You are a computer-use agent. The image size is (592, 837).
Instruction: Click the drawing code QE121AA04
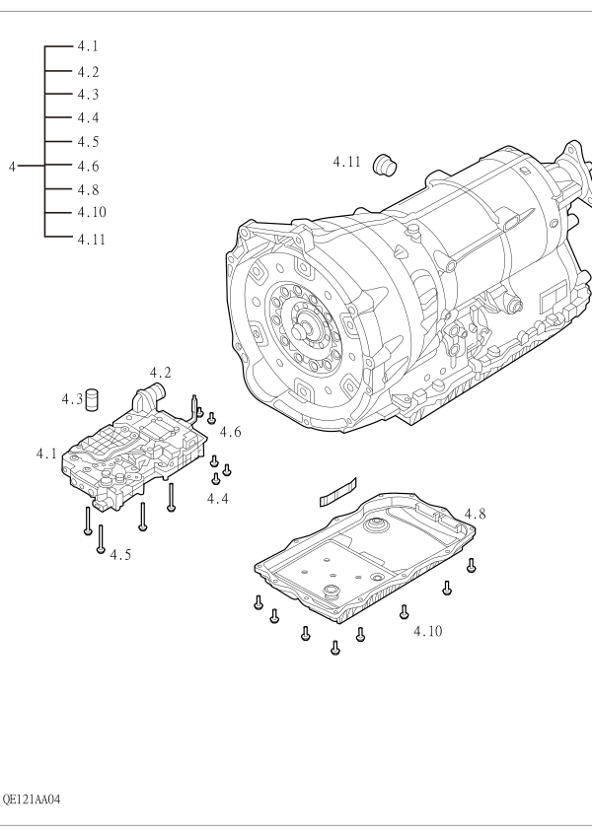[x=32, y=800]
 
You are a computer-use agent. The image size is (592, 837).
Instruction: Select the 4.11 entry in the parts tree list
[x=92, y=240]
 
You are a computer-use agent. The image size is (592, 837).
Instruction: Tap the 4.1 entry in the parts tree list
[x=88, y=46]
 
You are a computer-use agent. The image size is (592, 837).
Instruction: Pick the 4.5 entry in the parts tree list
[x=88, y=141]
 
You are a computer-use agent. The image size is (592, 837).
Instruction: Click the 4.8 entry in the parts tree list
[x=88, y=189]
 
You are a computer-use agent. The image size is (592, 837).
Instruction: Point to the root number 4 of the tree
[x=12, y=167]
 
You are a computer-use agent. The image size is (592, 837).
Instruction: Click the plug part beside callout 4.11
[x=385, y=165]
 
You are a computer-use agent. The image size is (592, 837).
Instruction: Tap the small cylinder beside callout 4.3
[x=94, y=400]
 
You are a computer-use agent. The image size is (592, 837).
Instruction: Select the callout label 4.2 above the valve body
[x=160, y=373]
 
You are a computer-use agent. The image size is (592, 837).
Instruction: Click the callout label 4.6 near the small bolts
[x=230, y=431]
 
